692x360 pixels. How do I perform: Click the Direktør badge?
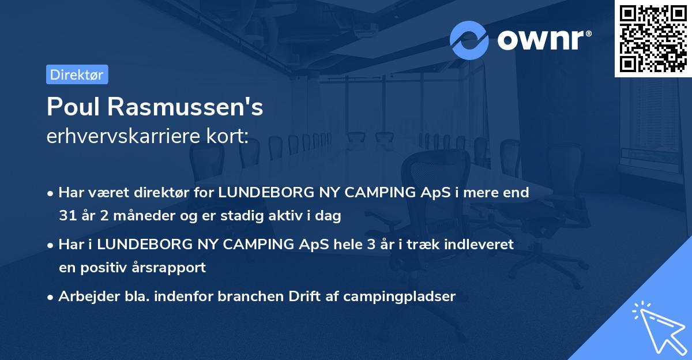(x=77, y=74)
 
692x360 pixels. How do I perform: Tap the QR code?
(x=653, y=38)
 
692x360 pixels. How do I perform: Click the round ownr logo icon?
(x=469, y=40)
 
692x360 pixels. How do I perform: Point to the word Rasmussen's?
(x=183, y=107)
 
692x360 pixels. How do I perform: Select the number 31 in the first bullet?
(x=67, y=216)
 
